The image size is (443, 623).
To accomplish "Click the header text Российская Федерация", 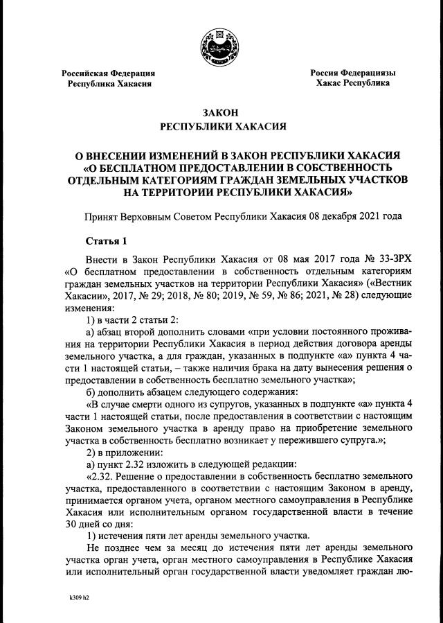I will pos(109,73).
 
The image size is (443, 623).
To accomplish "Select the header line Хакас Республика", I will pos(352,83).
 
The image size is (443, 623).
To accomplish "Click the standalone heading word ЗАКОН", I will pos(221,113).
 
